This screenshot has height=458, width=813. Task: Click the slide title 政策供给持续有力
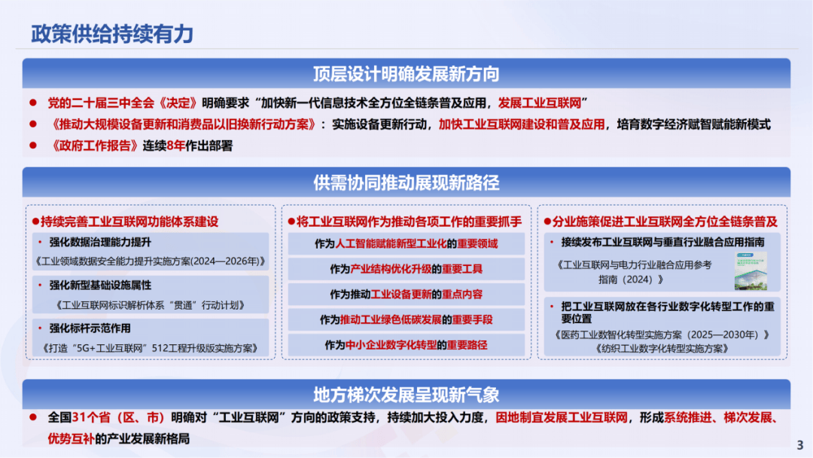pos(112,34)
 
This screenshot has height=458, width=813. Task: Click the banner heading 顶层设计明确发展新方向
pos(406,74)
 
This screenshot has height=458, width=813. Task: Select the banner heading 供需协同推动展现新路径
pos(406,182)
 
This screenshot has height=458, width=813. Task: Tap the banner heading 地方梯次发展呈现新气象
pos(406,395)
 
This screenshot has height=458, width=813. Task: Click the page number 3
pos(799,444)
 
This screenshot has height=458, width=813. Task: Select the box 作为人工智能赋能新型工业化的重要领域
pos(406,244)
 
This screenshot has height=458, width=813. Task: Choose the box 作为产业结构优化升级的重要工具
pos(406,269)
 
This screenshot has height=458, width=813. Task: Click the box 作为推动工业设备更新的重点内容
pos(406,294)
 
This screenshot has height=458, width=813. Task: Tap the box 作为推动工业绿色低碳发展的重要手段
pos(406,319)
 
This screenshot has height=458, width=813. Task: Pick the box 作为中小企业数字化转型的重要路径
pos(406,344)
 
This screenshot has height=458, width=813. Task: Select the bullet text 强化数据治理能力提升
pos(100,243)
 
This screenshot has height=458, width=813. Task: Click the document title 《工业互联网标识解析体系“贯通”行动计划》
pos(151,305)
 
